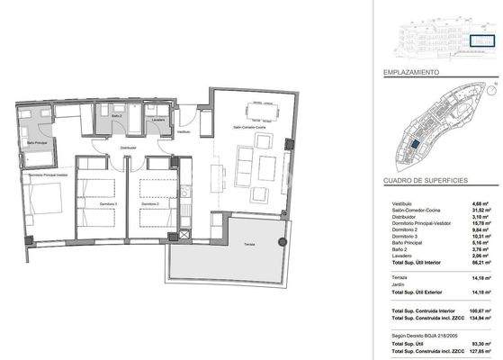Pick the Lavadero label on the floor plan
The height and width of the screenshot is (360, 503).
pyautogui.click(x=158, y=119)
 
